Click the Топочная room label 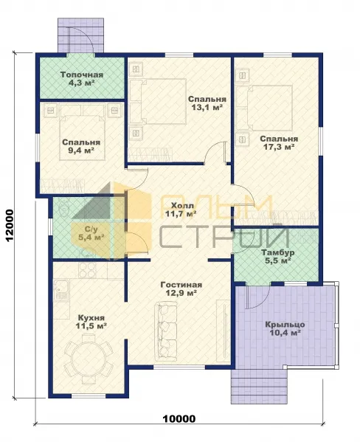point(82,75)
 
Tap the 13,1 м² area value point(207,108)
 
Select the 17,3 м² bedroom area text point(279,147)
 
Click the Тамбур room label point(277,252)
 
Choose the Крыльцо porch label point(285,325)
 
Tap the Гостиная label point(181,285)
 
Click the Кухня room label point(91,318)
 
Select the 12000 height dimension point(10,226)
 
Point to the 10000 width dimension point(179,418)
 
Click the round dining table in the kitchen point(89,359)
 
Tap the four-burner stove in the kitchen point(87,271)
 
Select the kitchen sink point(61,290)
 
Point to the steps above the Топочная point(80,35)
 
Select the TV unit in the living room point(224,331)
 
